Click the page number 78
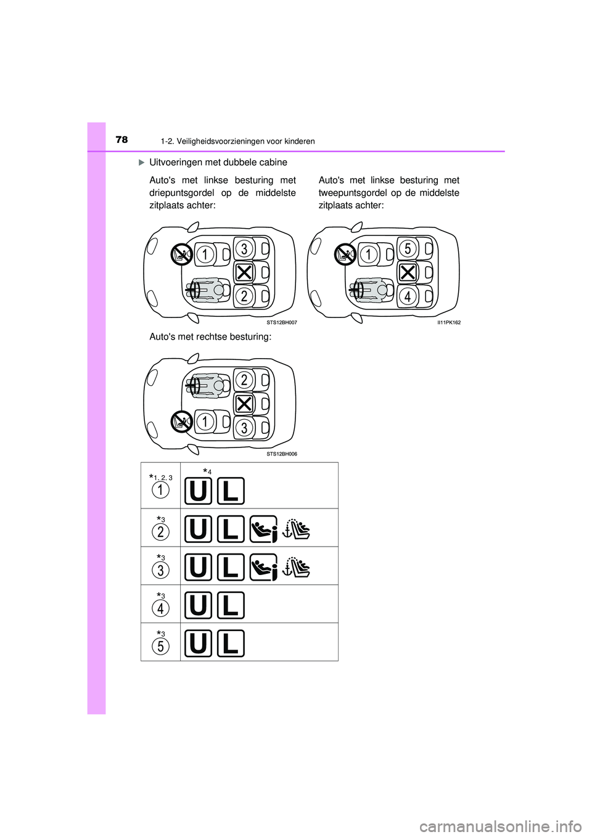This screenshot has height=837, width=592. pos(121,140)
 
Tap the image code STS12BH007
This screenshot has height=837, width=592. pos(281,322)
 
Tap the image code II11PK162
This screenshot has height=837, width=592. pos(448,322)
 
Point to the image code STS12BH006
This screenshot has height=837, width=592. pos(281,454)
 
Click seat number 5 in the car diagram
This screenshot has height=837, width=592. pos(407,248)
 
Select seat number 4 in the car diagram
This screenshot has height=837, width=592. pos(407,296)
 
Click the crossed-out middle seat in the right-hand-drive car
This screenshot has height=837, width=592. pos(244,404)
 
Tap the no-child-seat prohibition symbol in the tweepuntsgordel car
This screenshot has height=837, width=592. pos(344,254)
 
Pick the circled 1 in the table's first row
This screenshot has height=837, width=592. pos(160,490)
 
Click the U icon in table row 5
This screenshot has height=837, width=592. pos(198,643)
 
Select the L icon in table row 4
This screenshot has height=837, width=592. pos(231,605)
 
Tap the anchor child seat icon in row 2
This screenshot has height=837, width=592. pos(297,529)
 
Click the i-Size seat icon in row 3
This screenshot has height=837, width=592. pos(264,567)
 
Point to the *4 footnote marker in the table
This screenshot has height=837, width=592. pos(207,472)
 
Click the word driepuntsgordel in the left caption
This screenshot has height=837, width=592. pos(182,193)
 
